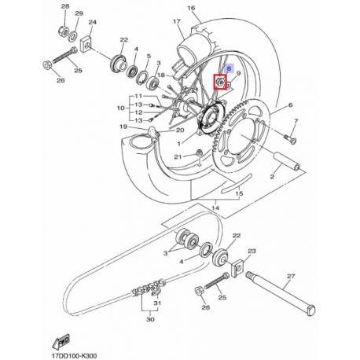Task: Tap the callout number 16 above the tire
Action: point(190,9)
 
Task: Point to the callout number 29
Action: point(77,14)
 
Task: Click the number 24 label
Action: point(93,22)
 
